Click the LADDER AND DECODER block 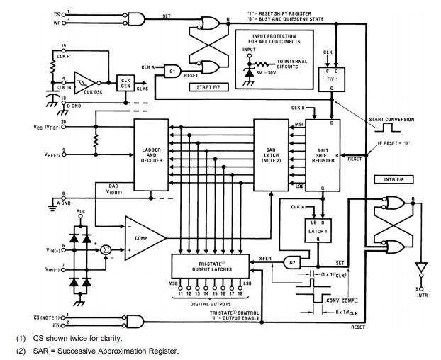[x=152, y=154]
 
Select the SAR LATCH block [x=272, y=154]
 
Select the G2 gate [x=291, y=263]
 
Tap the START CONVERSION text [x=391, y=119]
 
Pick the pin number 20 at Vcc [x=65, y=121]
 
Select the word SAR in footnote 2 [x=41, y=351]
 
